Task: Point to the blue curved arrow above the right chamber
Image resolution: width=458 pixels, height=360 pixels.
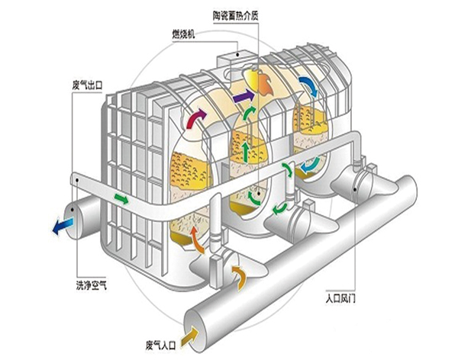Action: point(307,83)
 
